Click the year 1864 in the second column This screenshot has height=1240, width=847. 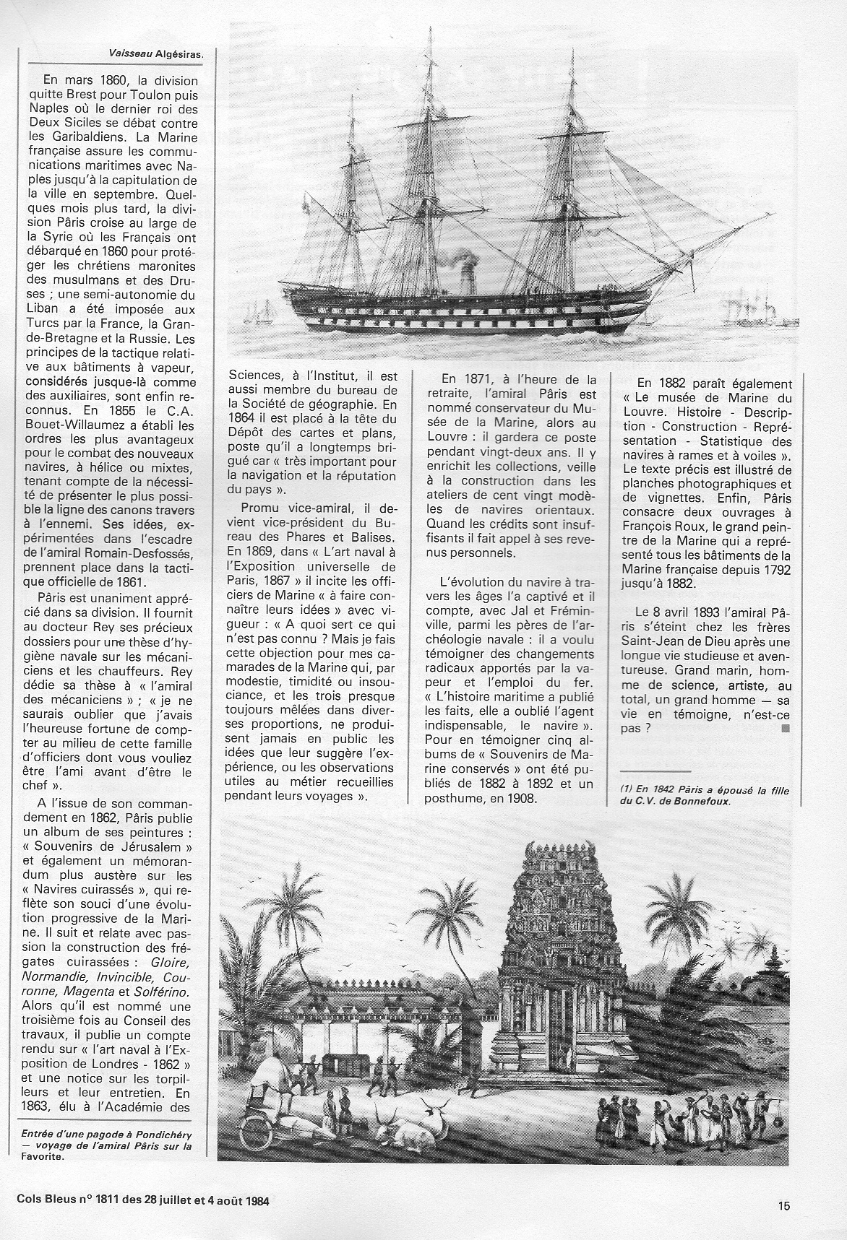[242, 418]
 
